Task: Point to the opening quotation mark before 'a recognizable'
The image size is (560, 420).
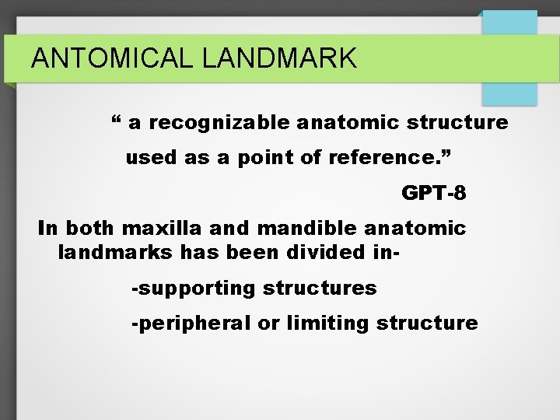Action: [116, 121]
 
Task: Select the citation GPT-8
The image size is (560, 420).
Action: [433, 193]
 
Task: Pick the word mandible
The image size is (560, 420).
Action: [298, 229]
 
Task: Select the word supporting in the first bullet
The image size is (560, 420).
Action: [197, 289]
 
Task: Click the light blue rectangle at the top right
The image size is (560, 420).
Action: [509, 58]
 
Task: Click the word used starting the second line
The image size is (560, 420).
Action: [151, 158]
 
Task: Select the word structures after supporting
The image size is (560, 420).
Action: [320, 289]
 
